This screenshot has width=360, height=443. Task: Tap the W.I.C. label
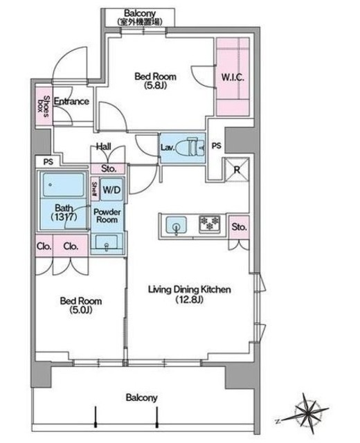(x=233, y=77)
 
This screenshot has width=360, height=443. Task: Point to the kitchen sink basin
(x=176, y=225)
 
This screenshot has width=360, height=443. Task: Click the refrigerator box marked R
(x=237, y=169)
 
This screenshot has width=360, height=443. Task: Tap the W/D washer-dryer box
(x=111, y=189)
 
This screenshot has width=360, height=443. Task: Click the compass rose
(x=306, y=413)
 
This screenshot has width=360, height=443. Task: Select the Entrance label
(x=71, y=101)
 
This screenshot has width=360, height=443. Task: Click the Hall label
(x=104, y=146)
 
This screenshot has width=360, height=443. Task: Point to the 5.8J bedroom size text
(x=155, y=85)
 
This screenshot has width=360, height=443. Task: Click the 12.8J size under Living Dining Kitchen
(x=189, y=299)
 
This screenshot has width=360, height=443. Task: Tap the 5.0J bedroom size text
(x=81, y=310)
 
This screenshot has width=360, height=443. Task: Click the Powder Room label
(x=107, y=215)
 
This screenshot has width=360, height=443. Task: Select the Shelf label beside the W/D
(x=95, y=189)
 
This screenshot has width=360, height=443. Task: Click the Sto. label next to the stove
(x=239, y=227)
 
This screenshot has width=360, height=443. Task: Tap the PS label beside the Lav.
(x=217, y=146)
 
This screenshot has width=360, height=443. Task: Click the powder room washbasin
(x=107, y=242)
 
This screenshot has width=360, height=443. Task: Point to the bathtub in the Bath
(x=64, y=185)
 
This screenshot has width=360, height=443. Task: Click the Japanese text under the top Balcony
(x=140, y=21)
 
